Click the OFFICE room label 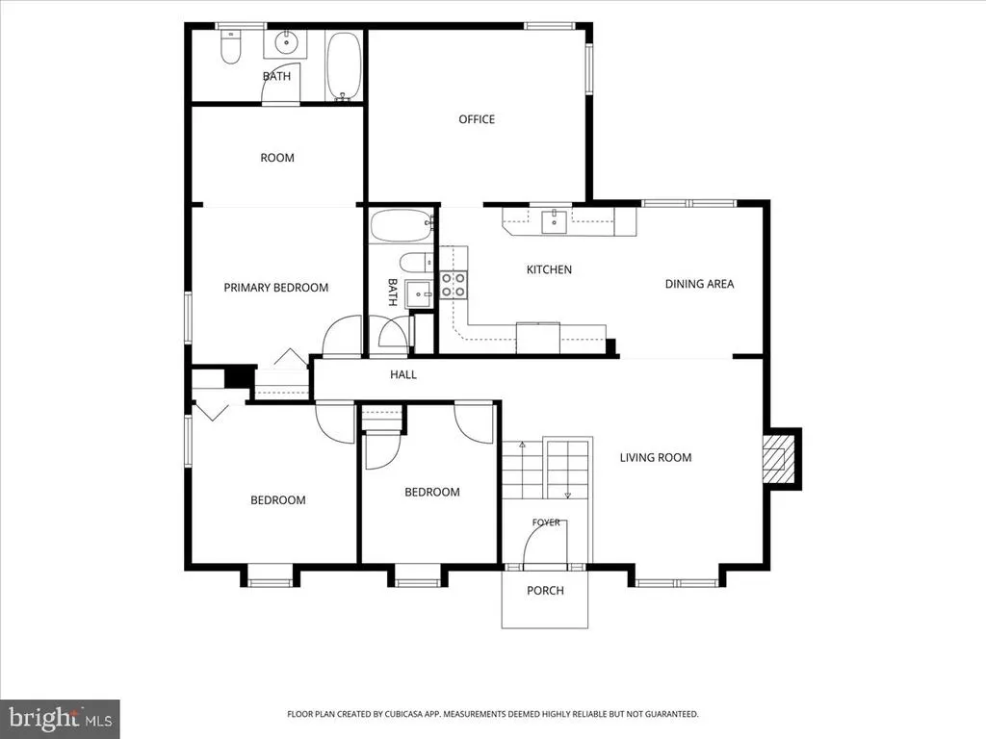pos(477,119)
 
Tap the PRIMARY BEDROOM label pos(276,288)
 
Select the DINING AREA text pos(699,284)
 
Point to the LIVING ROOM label pos(655,457)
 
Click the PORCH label pos(545,591)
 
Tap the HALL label pos(403,374)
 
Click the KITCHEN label pos(549,269)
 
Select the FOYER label pos(546,522)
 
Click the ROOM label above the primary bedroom pos(277,158)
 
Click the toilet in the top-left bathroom pos(231,47)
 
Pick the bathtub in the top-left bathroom pos(344,66)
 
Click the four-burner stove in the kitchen pos(453,285)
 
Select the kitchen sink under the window pos(554,221)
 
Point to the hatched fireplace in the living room pos(778,459)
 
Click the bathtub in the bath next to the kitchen pos(402,225)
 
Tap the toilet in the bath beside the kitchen pos(416,262)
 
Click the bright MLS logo pos(61,718)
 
